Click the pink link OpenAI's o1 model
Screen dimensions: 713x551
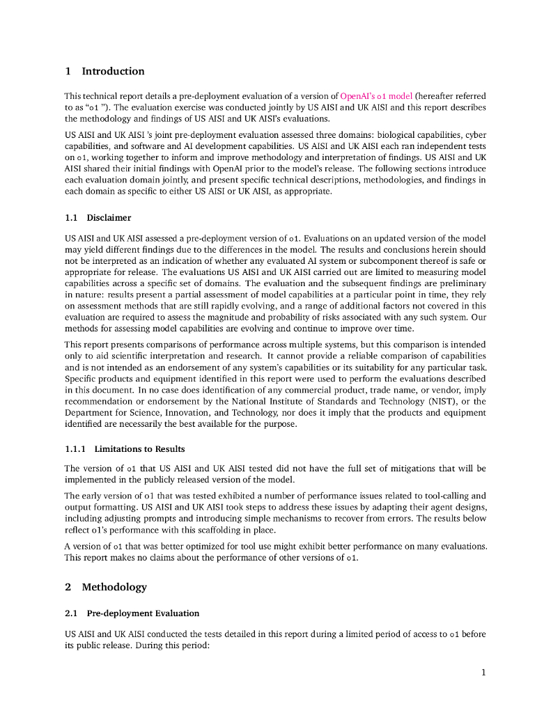click(x=376, y=96)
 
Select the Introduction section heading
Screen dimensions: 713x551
click(x=113, y=71)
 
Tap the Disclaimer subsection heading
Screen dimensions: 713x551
click(x=109, y=218)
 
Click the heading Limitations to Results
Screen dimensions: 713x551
click(x=139, y=448)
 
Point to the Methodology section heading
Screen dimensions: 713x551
click(x=114, y=587)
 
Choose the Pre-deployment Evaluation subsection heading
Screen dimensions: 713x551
click(x=143, y=613)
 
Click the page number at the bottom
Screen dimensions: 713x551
click(x=483, y=673)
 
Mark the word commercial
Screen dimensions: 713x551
click(x=323, y=390)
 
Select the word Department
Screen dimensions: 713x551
click(x=86, y=413)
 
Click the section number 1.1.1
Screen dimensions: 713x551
click(x=75, y=448)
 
